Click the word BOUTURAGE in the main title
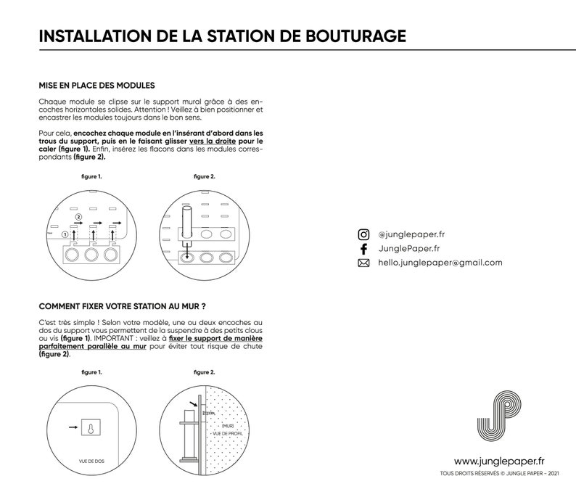click(x=355, y=36)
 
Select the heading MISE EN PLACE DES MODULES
click(x=97, y=86)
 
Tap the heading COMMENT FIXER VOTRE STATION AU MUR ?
click(x=123, y=306)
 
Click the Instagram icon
click(x=363, y=234)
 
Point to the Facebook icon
click(x=363, y=249)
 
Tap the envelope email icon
click(x=363, y=263)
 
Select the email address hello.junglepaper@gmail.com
click(x=440, y=263)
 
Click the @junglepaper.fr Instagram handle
click(x=411, y=234)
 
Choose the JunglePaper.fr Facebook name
click(x=409, y=249)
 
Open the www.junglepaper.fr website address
click(x=499, y=461)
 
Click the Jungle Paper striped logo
click(x=499, y=416)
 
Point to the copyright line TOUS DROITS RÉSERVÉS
click(x=500, y=474)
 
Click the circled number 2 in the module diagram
click(x=78, y=217)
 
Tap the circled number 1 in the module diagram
click(x=65, y=234)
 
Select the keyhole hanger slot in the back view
click(x=91, y=428)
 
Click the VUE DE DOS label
click(x=91, y=461)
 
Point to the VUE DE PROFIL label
click(x=228, y=434)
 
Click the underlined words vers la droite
click(x=213, y=141)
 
